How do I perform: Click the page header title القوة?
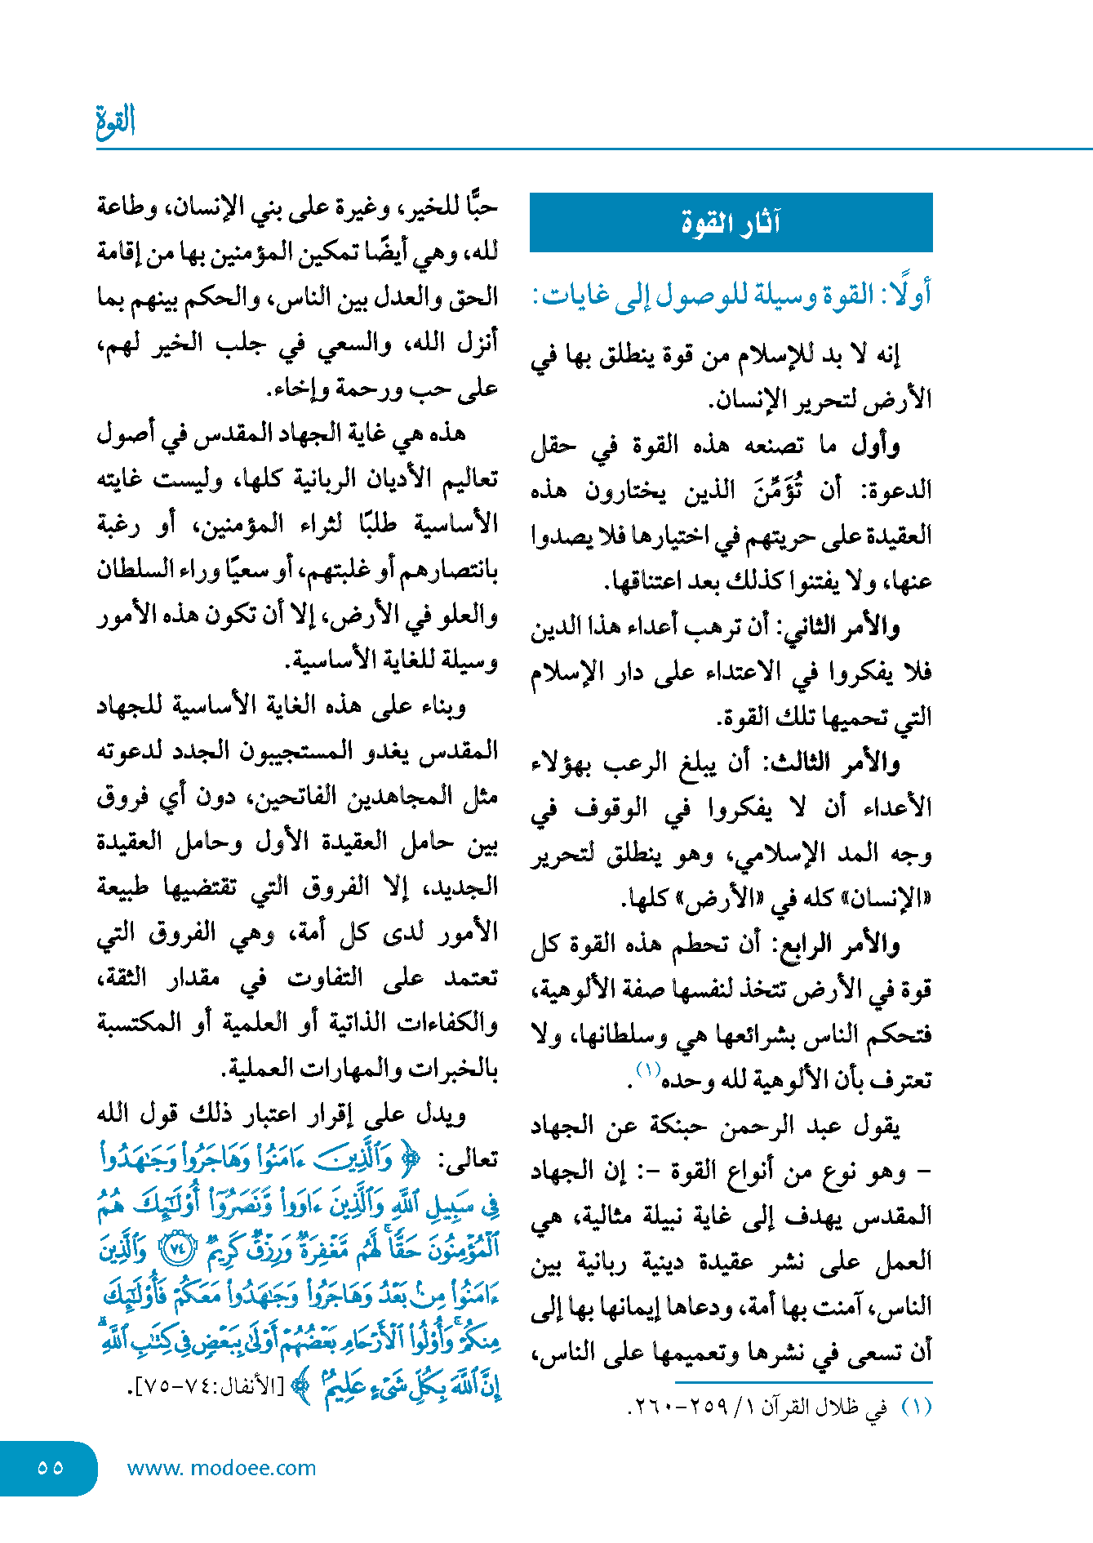[x=116, y=121]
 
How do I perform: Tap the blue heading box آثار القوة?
[x=731, y=222]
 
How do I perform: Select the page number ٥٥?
[x=50, y=1467]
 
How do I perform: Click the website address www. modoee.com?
[x=221, y=1468]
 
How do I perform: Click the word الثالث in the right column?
[x=797, y=762]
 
